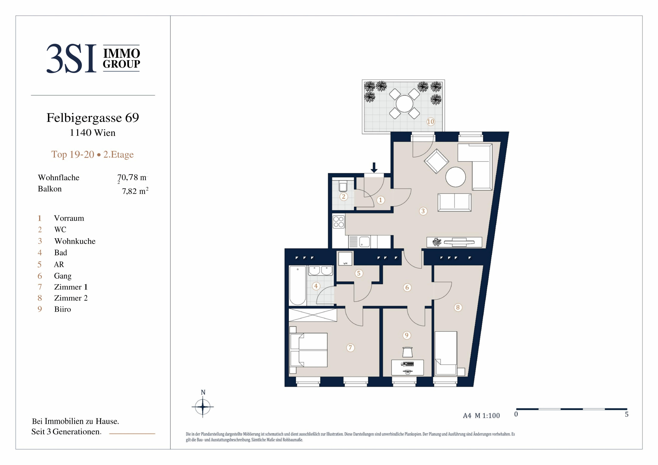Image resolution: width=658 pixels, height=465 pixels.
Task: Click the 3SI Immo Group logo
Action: tap(93, 58)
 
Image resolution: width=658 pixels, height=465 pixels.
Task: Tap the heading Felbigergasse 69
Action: tap(93, 118)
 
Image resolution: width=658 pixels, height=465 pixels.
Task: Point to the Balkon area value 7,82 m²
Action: tap(135, 191)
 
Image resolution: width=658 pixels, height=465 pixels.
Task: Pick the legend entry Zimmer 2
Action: tap(71, 298)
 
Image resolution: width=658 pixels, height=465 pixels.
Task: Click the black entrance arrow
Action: tap(374, 167)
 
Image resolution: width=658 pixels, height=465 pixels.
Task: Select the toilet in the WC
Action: tap(343, 186)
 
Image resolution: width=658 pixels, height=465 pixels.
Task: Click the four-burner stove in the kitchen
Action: tap(338, 222)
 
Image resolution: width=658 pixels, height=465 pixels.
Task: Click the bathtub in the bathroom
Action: tap(298, 286)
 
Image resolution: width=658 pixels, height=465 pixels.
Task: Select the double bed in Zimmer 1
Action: tap(308, 350)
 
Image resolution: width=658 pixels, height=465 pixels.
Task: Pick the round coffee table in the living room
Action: tap(455, 177)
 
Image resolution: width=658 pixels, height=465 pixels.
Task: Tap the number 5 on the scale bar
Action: tap(627, 414)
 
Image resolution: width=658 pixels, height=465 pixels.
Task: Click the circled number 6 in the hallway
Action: tap(407, 287)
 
